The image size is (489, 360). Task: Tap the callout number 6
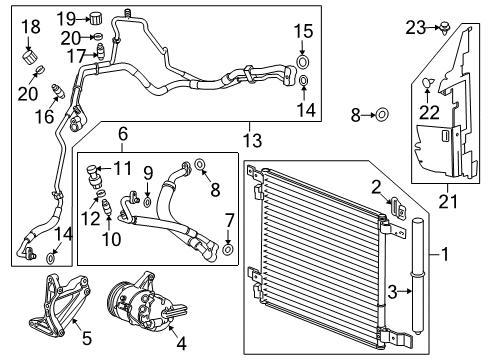pos(123,134)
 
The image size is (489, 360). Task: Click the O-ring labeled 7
pos(228,249)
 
